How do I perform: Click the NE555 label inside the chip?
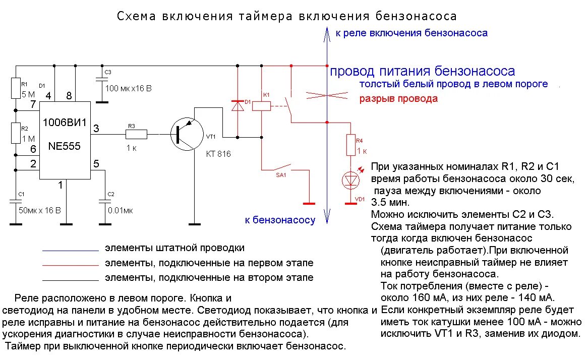pos(64,146)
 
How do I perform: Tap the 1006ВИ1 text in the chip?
pos(65,123)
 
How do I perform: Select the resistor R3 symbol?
pos(136,134)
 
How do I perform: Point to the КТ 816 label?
pos(218,154)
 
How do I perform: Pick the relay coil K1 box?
pos(261,106)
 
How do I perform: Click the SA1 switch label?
pos(280,175)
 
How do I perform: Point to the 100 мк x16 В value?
pos(129,88)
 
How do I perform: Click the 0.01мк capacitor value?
pos(120,210)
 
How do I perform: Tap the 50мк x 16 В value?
pos(39,210)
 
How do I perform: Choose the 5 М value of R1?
pos(28,94)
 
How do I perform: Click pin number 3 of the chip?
pos(96,129)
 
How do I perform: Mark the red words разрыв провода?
pos(398,99)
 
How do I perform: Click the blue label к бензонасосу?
pos(280,219)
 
